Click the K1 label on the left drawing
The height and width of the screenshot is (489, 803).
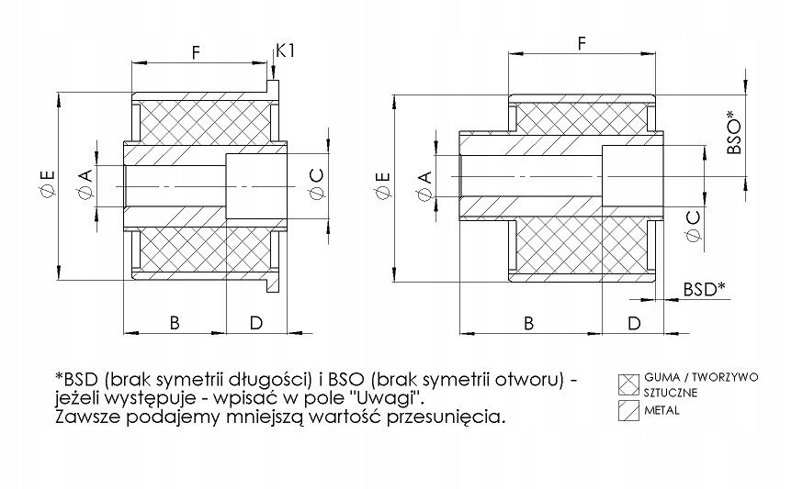(286, 50)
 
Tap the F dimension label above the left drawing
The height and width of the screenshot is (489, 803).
(196, 52)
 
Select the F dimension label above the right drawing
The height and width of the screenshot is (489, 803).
(582, 43)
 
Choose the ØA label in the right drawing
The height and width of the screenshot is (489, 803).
(425, 185)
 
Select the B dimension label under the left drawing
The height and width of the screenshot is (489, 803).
(175, 323)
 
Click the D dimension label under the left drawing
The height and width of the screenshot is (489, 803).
(256, 323)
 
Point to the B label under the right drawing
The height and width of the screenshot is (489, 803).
(529, 323)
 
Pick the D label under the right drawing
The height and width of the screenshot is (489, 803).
(634, 323)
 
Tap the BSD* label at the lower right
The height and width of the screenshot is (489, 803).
(705, 289)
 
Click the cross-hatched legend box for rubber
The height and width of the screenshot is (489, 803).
(628, 385)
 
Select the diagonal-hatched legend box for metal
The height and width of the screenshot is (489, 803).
(628, 410)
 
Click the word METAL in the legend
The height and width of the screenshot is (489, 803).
(662, 410)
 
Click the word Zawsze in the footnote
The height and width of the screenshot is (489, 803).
(86, 417)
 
